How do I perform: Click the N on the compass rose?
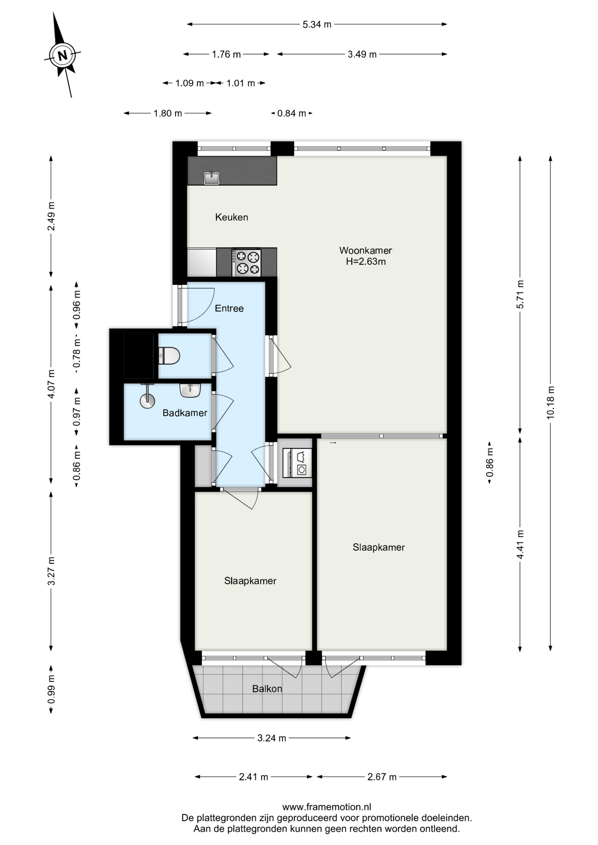(63, 56)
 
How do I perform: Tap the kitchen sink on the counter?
(212, 177)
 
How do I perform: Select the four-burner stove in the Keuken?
(247, 263)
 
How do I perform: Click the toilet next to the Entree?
(169, 356)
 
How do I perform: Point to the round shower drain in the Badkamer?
(148, 400)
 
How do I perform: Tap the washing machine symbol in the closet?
(297, 463)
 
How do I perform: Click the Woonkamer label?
(365, 250)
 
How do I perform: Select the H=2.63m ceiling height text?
(365, 262)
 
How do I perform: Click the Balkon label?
(267, 689)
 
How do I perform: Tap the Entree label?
(229, 309)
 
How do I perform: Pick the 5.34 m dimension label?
(317, 25)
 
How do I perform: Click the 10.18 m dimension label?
(550, 403)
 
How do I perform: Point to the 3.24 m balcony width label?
(272, 738)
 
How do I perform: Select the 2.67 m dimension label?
(382, 777)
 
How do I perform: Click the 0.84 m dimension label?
(292, 114)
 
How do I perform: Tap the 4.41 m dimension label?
(520, 544)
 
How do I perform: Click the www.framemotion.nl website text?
(327, 807)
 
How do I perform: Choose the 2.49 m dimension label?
(52, 216)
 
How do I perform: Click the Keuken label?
(232, 217)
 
